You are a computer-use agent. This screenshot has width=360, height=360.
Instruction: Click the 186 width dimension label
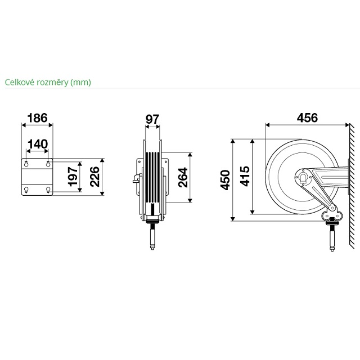point(38,118)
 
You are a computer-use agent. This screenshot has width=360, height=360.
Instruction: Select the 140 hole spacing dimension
point(38,145)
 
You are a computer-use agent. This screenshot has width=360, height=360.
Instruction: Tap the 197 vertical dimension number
point(73,177)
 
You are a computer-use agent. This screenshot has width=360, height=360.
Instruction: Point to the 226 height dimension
point(94,177)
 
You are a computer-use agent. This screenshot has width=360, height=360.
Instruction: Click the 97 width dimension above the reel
point(152,119)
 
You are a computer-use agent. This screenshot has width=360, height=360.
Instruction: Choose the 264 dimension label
point(183,178)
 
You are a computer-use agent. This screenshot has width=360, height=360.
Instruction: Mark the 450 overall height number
point(225,180)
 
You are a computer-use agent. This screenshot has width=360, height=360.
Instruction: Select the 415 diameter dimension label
point(245,176)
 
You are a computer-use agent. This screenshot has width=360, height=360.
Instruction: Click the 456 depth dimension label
point(308,118)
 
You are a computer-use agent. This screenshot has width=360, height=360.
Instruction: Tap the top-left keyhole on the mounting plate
point(26,164)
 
